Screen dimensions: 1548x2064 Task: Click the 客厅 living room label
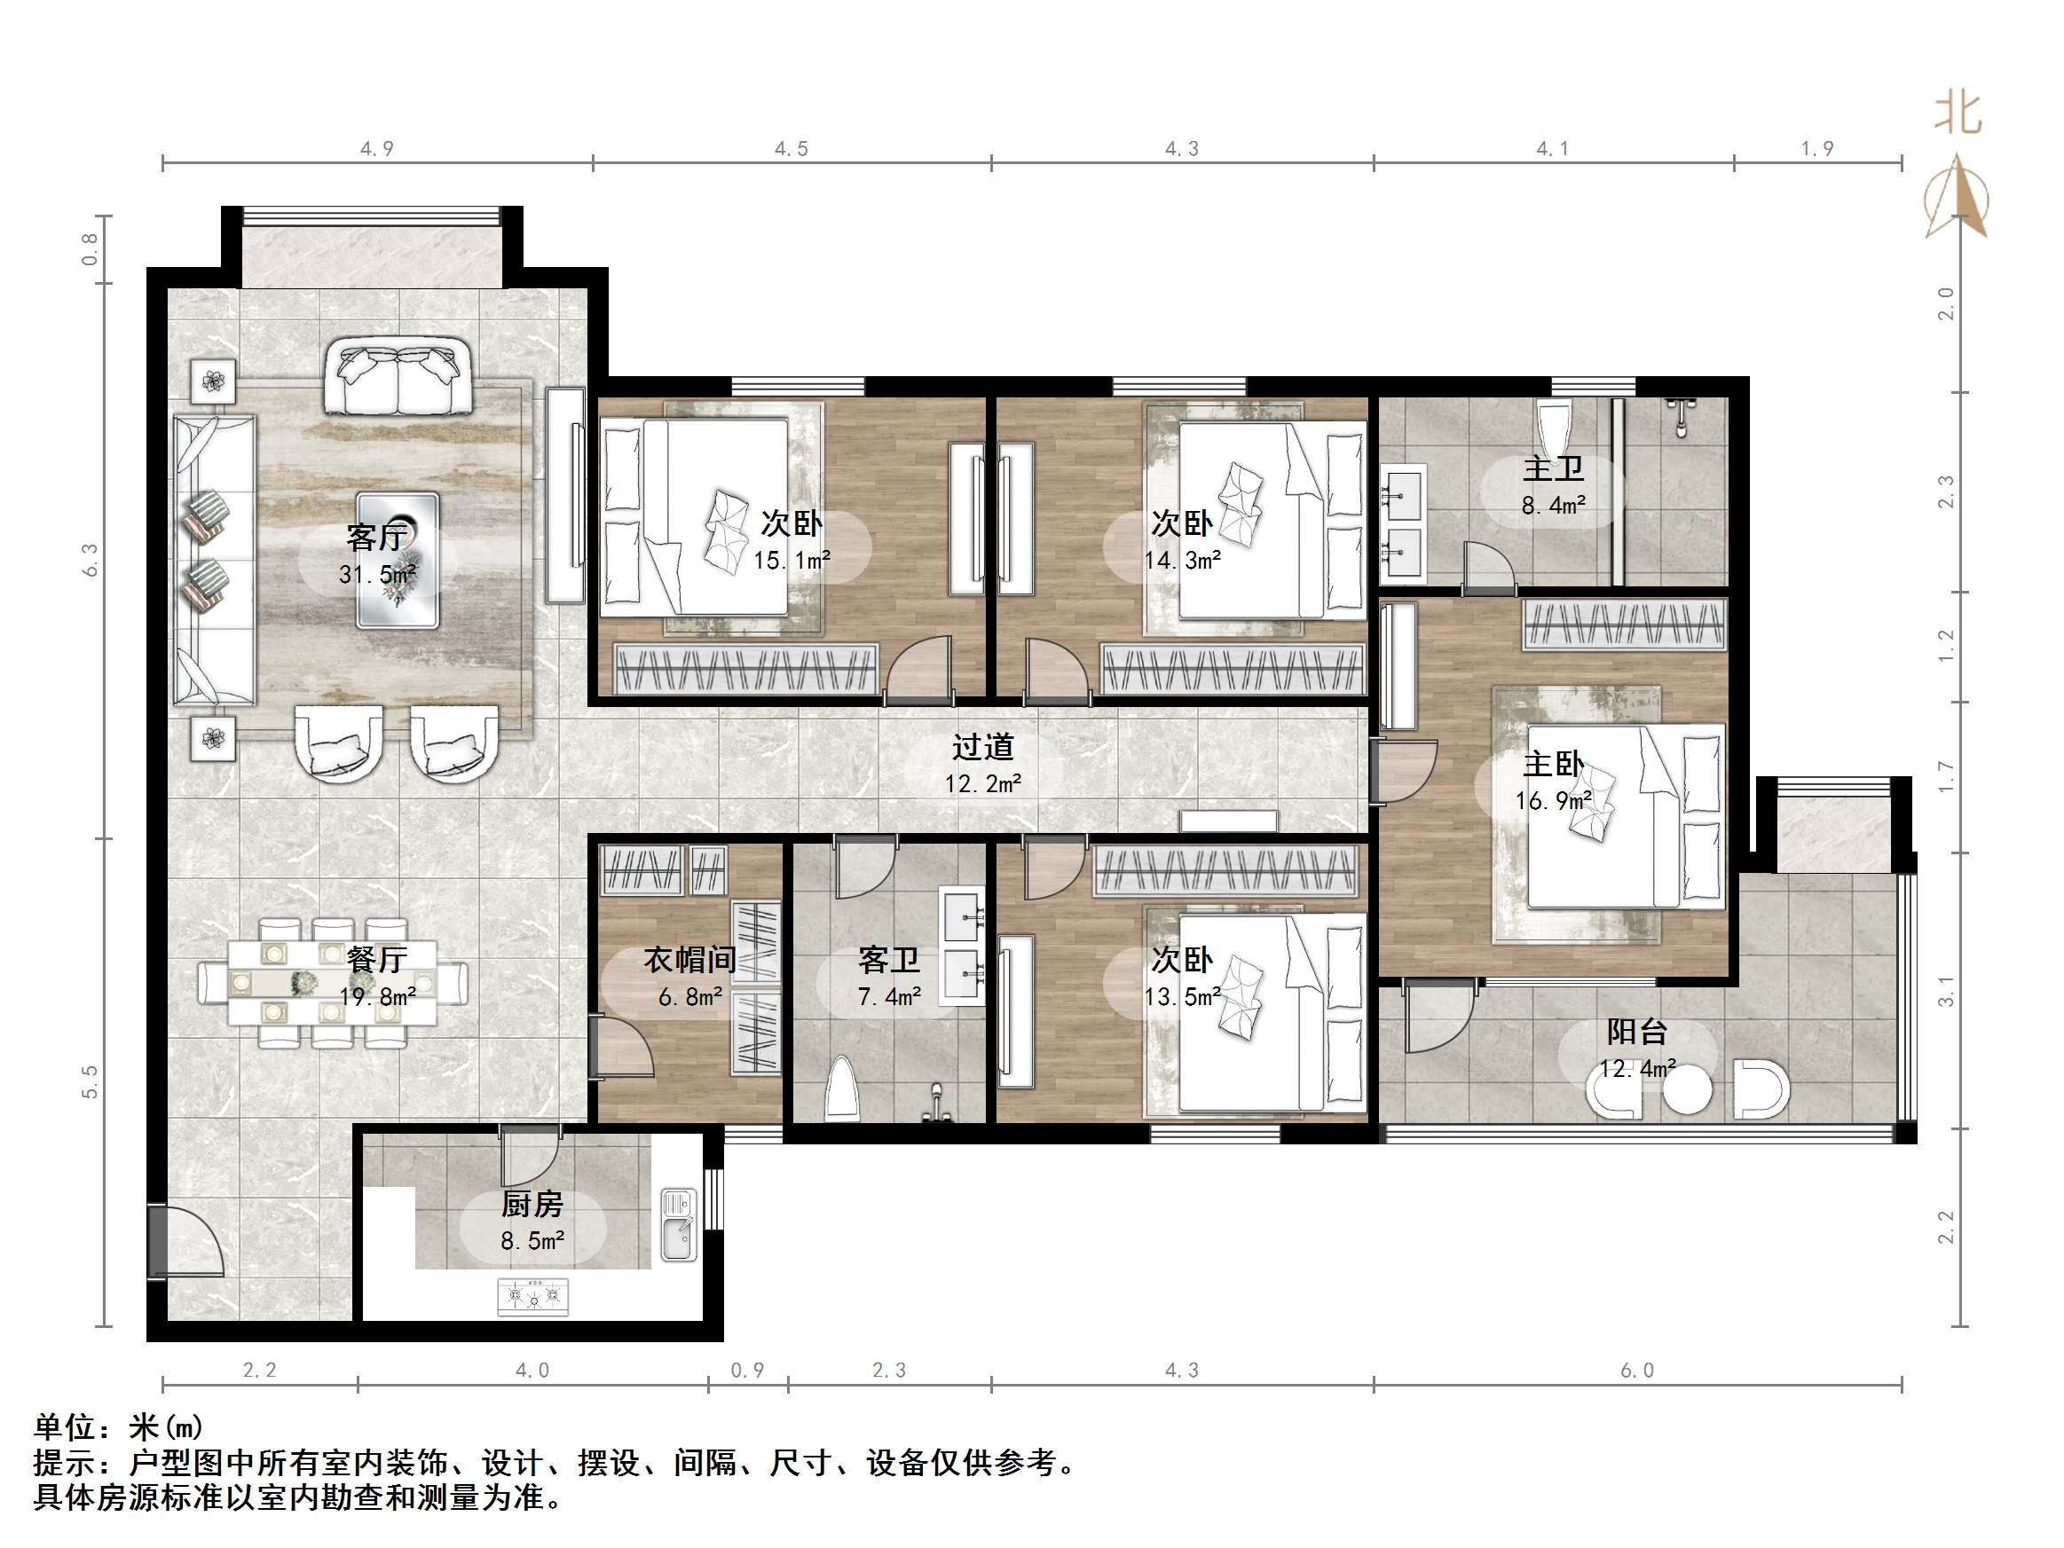(376, 538)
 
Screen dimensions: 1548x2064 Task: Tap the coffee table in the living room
(398, 560)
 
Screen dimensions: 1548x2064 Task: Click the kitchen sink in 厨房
(678, 1225)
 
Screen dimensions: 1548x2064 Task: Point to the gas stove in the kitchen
(532, 1296)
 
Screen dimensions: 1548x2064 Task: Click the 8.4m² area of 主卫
(1553, 506)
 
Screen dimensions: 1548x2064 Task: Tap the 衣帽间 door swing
(620, 1045)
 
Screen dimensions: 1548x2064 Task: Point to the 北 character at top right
(1957, 114)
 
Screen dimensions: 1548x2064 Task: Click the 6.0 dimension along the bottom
(1636, 1370)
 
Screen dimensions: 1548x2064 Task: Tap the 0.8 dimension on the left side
(90, 249)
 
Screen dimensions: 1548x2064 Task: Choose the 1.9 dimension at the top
(1816, 148)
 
